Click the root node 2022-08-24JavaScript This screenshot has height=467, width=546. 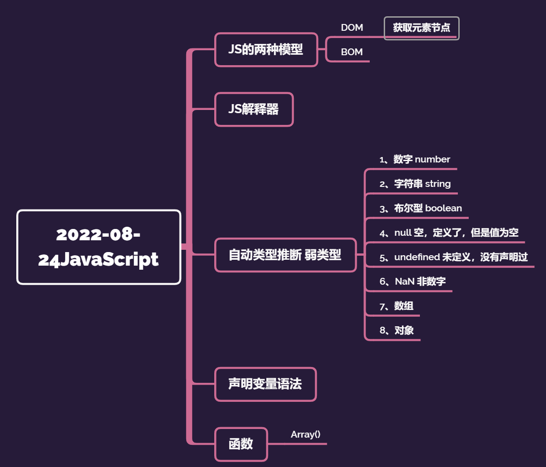99,247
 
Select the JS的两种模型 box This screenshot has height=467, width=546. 266,50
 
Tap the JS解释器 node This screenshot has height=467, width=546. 254,110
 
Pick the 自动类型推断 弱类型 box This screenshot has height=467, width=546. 285,255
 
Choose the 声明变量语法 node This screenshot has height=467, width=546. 265,384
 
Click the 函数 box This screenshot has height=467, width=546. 241,444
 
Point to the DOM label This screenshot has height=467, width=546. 352,28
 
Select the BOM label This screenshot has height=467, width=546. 352,52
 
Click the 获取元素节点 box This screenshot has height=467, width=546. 421,28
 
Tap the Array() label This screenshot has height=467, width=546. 306,435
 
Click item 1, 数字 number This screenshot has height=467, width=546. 414,160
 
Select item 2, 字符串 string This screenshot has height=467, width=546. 415,184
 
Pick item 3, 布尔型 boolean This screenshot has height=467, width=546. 420,209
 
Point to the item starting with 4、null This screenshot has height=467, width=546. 449,233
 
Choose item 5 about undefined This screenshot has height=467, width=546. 453,257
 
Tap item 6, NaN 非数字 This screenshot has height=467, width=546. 412,282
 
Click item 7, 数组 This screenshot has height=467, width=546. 396,306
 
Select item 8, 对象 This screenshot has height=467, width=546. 396,331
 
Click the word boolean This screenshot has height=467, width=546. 443,209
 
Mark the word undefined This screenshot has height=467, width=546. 417,257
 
